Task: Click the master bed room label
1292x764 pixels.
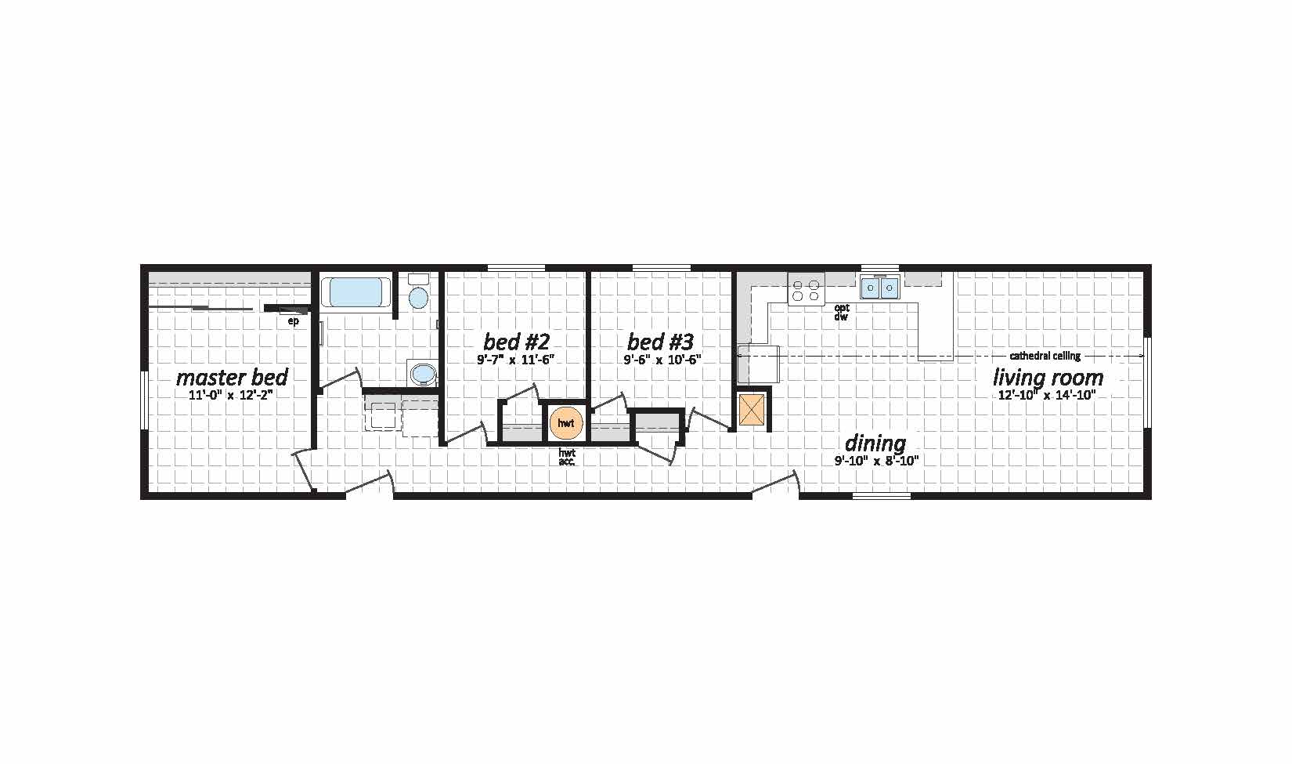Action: (x=232, y=378)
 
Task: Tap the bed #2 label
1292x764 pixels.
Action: (x=516, y=342)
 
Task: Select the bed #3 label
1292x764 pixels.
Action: (x=660, y=342)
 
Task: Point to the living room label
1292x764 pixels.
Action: (x=1048, y=378)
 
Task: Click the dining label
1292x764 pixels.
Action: (x=875, y=444)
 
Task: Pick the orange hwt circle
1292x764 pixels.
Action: (x=566, y=423)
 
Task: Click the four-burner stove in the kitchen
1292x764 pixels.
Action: (x=806, y=290)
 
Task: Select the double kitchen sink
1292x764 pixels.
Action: (x=879, y=288)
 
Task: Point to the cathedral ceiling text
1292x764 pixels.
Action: (x=1045, y=356)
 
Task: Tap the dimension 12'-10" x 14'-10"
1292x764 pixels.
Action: (x=1047, y=395)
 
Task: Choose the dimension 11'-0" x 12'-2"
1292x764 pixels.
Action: (x=231, y=395)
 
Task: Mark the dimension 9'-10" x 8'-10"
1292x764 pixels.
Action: (x=876, y=461)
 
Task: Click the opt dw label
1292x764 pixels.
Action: (x=842, y=313)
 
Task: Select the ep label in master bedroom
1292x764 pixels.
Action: (x=293, y=321)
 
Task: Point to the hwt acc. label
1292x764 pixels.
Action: (x=567, y=457)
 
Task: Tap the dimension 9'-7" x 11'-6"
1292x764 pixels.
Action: (x=516, y=360)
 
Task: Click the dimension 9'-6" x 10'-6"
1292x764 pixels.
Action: (x=662, y=360)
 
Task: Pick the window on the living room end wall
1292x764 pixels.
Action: (x=1147, y=382)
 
